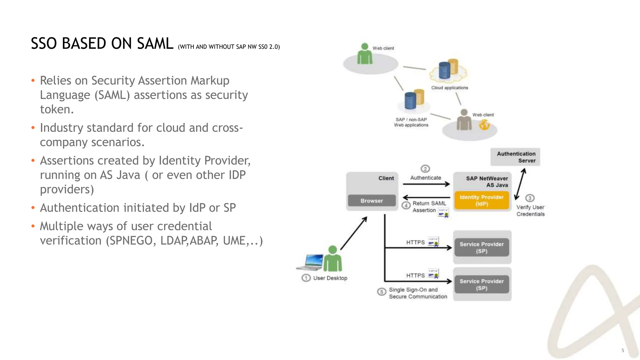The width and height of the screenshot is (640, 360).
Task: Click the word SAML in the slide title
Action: click(155, 43)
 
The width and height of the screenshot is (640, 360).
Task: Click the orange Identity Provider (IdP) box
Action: click(481, 200)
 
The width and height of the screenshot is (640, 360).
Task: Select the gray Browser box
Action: click(372, 201)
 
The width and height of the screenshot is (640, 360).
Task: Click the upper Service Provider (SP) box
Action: click(482, 247)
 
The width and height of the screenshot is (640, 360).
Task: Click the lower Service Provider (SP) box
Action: click(482, 284)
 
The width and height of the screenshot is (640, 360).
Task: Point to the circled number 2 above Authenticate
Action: click(425, 169)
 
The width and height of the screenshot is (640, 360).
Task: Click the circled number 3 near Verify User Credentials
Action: click(530, 198)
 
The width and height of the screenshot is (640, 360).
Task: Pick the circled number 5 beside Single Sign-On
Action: click(381, 292)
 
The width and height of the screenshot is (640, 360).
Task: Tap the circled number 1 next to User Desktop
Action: click(306, 278)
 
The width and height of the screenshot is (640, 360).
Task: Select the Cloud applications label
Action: click(449, 88)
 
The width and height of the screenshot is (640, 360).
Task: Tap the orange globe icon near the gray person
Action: click(484, 125)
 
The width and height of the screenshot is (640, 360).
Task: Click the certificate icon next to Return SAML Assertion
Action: click(443, 212)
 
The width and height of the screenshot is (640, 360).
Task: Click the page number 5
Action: click(622, 350)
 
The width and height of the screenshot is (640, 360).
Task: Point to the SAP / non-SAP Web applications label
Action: click(411, 122)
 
